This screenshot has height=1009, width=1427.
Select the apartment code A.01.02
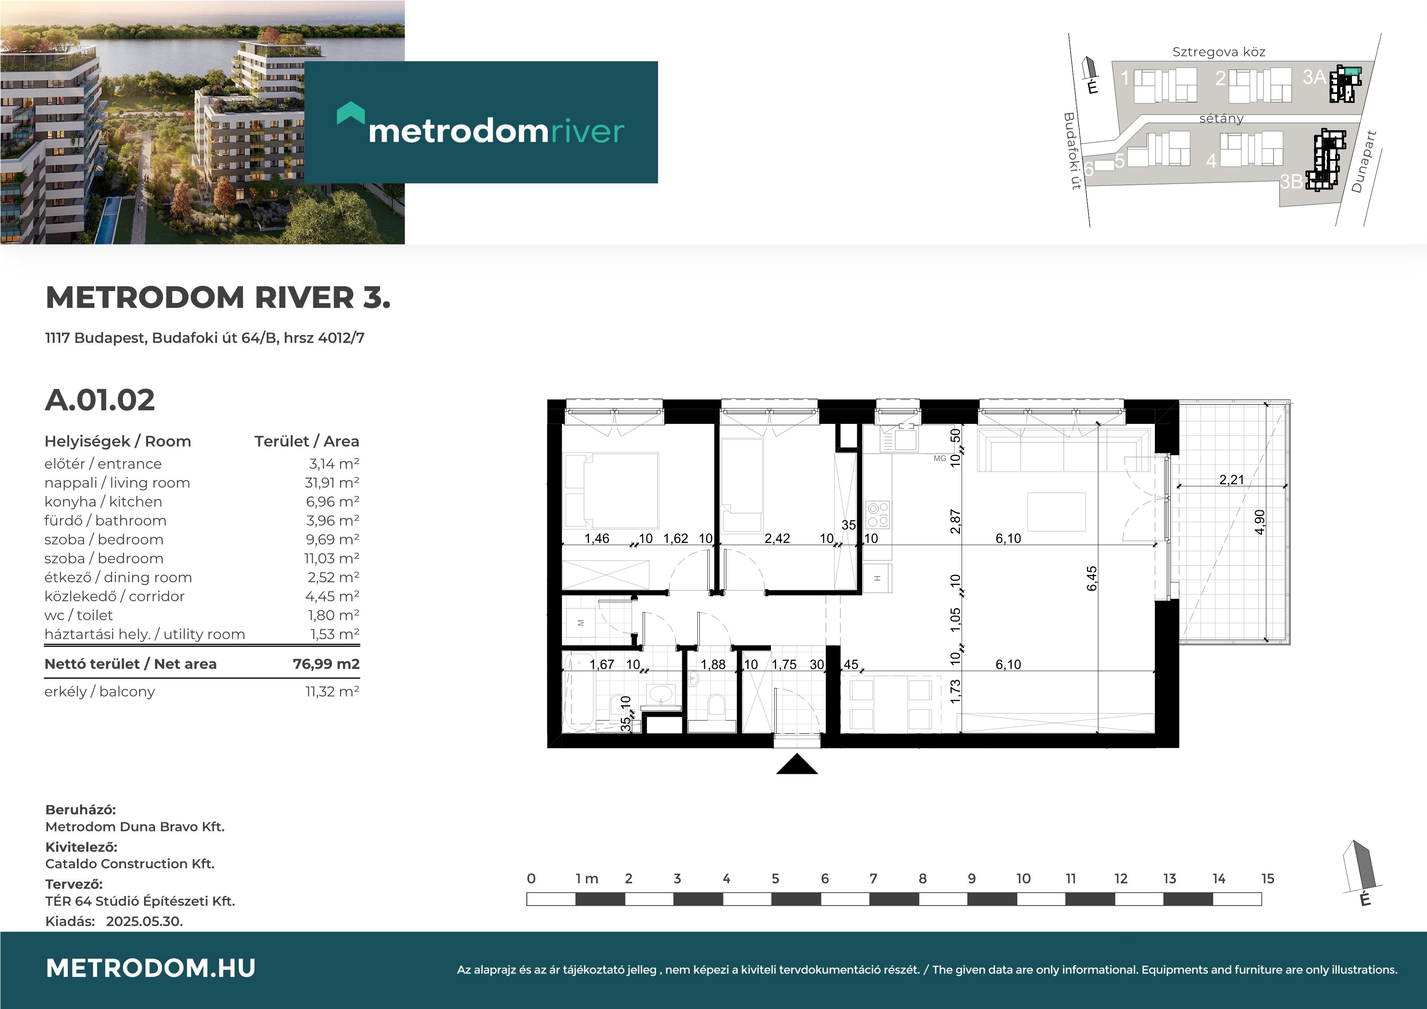[100, 400]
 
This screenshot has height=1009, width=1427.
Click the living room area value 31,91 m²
[332, 483]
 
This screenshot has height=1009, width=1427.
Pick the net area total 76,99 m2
[326, 664]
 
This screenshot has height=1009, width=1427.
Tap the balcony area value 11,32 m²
[332, 691]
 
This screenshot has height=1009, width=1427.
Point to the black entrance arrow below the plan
[797, 764]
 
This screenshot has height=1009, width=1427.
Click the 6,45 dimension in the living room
[1092, 578]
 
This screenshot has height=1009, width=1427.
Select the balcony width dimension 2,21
[1231, 479]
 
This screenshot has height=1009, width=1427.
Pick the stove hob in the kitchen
[877, 515]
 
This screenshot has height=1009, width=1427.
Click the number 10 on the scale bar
[1023, 878]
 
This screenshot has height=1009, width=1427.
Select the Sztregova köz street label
[1219, 52]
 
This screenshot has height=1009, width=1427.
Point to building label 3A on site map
[1314, 77]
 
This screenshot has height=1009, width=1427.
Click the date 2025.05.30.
[144, 922]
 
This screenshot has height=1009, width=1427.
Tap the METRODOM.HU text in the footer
[151, 968]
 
